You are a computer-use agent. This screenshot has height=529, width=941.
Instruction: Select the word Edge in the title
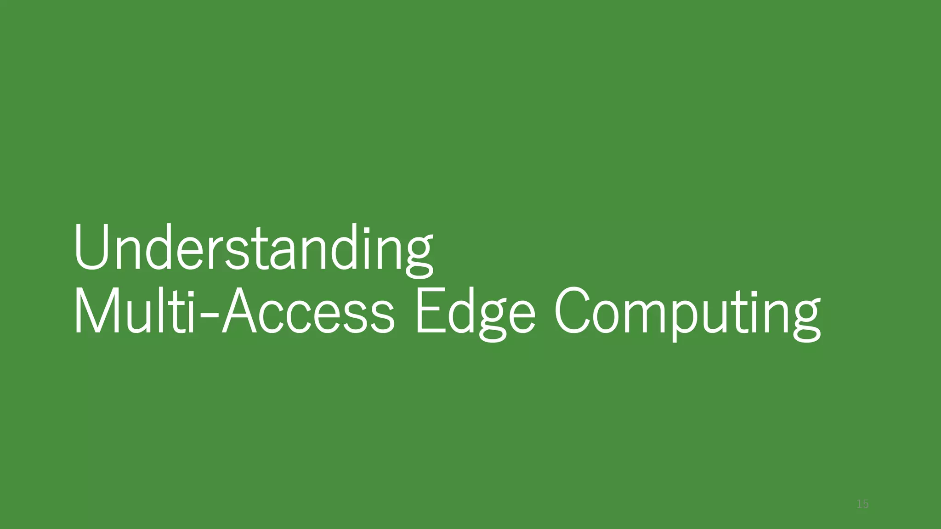pos(475,312)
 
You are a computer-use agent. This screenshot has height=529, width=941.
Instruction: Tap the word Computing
pos(687,312)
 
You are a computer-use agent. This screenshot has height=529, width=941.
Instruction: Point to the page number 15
pos(862,504)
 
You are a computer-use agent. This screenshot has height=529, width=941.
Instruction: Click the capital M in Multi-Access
pos(95,311)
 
